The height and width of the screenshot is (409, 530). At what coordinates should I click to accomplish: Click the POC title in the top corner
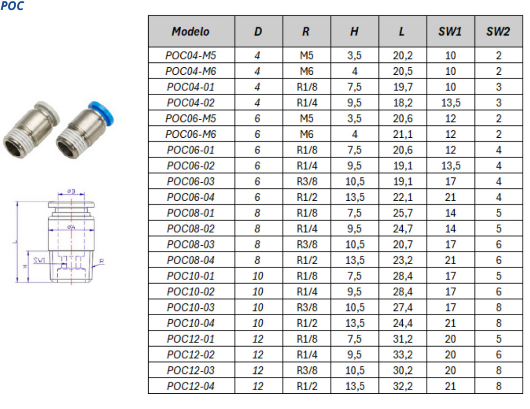[x=12, y=6]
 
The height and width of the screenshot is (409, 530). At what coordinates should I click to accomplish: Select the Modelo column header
[x=191, y=31]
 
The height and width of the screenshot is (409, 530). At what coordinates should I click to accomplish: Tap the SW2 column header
[x=498, y=31]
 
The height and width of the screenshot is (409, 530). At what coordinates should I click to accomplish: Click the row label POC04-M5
[x=191, y=55]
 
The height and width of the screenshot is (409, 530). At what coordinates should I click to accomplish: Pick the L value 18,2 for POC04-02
[x=403, y=103]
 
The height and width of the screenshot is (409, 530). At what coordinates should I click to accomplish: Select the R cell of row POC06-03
[x=307, y=181]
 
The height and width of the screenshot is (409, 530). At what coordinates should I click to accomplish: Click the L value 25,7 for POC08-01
[x=403, y=213]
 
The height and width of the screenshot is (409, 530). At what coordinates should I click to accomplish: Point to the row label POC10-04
[x=191, y=323]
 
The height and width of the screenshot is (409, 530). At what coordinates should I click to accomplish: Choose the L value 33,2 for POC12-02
[x=403, y=355]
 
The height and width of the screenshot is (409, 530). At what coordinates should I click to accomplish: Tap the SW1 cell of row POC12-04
[x=450, y=386]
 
